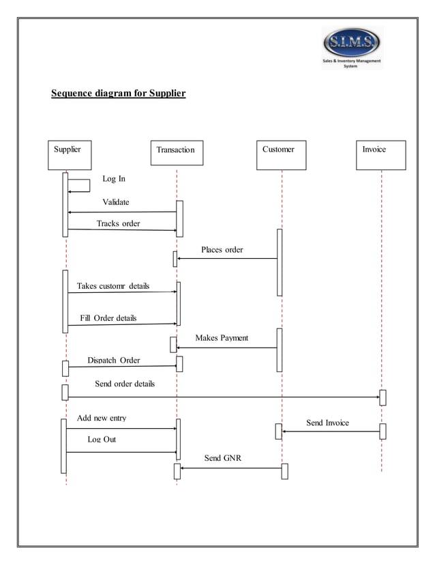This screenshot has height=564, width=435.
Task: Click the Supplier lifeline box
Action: point(70,155)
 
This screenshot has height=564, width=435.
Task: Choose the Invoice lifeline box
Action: point(381,155)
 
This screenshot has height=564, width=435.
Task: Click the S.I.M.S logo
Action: point(352,47)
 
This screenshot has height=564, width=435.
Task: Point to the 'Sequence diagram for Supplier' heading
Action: point(119,92)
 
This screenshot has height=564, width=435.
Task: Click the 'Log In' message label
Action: point(114,179)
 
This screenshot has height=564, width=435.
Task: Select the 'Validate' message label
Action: point(115,202)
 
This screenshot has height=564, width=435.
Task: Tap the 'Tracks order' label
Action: point(118,223)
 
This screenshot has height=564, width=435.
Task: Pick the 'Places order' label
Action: point(222,250)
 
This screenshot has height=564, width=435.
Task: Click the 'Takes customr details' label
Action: point(113,285)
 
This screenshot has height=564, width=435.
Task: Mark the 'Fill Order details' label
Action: point(108,318)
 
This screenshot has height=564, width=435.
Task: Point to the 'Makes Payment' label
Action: point(222,338)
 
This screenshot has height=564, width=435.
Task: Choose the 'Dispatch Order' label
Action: point(114,361)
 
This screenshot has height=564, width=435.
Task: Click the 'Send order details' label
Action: point(125,384)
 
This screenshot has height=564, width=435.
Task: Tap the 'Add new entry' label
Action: point(101,418)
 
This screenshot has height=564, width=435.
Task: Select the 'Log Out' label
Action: point(102,439)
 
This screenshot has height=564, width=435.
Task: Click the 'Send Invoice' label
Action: point(327,423)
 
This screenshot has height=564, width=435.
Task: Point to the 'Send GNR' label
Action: point(222,458)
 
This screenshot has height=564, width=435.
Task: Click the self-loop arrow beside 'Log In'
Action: point(80,186)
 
